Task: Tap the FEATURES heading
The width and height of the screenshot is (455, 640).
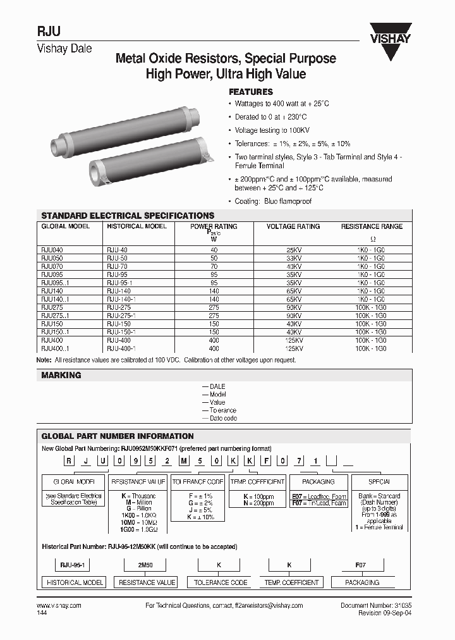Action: click(250, 92)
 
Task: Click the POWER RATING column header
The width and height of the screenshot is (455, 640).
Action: click(214, 226)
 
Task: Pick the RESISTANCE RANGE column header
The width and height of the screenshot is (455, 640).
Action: click(372, 226)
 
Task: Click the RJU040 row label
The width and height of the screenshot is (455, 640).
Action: click(52, 250)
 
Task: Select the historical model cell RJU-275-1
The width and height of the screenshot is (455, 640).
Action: click(122, 315)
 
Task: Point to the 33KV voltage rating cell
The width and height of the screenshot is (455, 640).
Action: click(293, 258)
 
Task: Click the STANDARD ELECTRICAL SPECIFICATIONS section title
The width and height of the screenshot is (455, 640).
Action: click(128, 216)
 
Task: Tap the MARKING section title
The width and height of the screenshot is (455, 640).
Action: click(61, 375)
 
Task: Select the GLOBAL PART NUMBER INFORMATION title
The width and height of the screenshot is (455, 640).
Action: click(118, 436)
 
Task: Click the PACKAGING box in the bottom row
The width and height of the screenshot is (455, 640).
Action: click(362, 582)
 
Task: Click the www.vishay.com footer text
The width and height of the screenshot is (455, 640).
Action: click(61, 606)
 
